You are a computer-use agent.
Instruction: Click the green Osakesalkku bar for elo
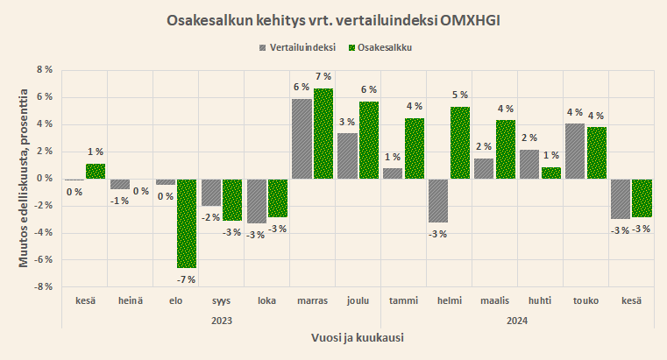click(x=187, y=223)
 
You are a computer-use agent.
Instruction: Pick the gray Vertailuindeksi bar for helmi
click(x=439, y=201)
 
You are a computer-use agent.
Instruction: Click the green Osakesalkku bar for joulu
click(x=369, y=140)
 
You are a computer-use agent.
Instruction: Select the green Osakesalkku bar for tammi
click(x=415, y=148)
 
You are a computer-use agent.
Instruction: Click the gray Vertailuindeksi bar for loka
click(x=256, y=201)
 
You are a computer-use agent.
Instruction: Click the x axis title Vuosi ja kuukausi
click(x=358, y=337)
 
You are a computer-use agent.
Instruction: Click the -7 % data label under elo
click(x=186, y=279)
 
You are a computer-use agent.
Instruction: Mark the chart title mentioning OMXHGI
click(x=333, y=18)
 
